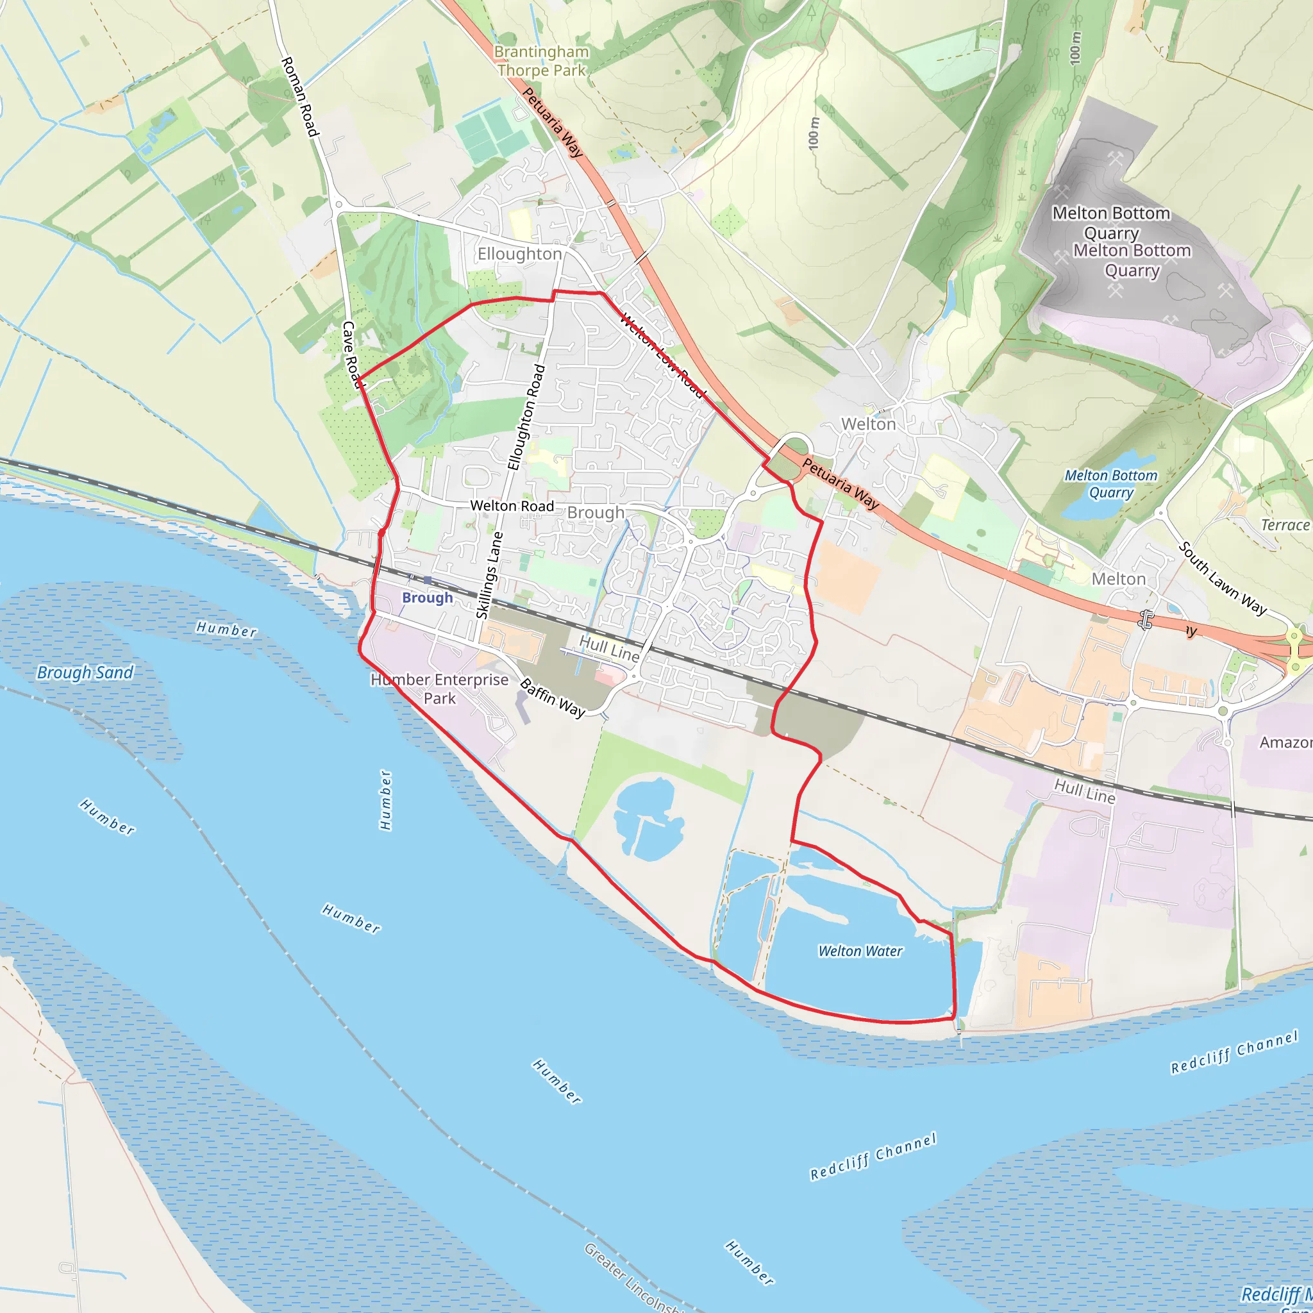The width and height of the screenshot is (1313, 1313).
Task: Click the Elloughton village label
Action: [x=519, y=253]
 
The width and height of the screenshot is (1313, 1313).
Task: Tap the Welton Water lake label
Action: [x=860, y=951]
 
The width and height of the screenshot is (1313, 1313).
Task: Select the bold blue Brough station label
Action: [x=427, y=598]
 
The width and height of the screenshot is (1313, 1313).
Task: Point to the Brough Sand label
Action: [x=85, y=672]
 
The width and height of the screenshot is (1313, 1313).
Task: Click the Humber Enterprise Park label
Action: [x=439, y=689]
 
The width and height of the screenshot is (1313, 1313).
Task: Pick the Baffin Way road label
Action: [x=552, y=698]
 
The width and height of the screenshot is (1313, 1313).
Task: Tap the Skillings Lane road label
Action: [x=489, y=575]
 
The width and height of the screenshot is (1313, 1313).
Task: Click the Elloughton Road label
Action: [x=527, y=417]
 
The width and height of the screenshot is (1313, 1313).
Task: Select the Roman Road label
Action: [x=299, y=97]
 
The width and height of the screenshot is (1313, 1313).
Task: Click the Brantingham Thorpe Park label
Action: [x=541, y=61]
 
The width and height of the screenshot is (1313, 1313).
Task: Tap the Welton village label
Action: [x=868, y=424]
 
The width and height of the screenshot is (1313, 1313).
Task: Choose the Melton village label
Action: [x=1118, y=579]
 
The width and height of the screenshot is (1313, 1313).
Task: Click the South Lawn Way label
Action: [x=1222, y=578]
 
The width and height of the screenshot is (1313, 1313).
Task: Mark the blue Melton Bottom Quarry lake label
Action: [x=1110, y=484]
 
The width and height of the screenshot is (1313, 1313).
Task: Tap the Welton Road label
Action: [x=512, y=506]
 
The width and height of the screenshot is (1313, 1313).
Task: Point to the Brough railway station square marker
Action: [x=427, y=580]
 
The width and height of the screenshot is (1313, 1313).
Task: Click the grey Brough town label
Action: [x=596, y=512]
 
